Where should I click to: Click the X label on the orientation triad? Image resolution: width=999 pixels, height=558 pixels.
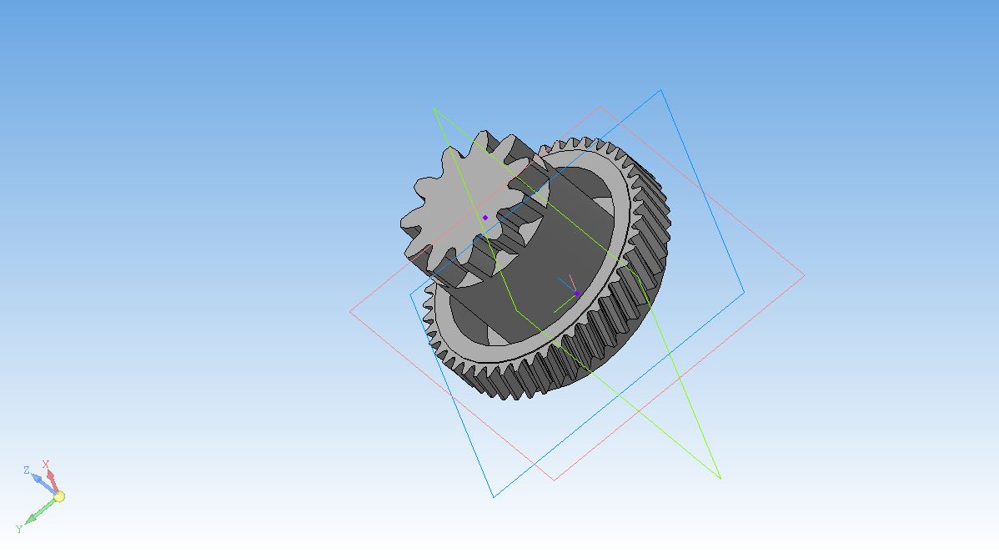(45, 465)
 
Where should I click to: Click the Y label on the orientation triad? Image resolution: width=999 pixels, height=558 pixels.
(19, 529)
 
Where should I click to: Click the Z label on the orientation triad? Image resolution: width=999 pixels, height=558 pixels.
(26, 470)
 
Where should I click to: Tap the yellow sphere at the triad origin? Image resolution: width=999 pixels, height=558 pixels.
(58, 496)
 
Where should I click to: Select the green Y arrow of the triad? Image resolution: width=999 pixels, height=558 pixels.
(41, 510)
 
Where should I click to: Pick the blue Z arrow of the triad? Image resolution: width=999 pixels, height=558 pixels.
(44, 484)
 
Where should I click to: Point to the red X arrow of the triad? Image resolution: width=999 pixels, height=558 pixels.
(53, 481)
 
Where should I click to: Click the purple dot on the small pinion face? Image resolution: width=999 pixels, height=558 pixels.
(484, 218)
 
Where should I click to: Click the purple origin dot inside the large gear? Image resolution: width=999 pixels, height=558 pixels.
(576, 294)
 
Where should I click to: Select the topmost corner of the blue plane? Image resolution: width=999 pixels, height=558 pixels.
(661, 90)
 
